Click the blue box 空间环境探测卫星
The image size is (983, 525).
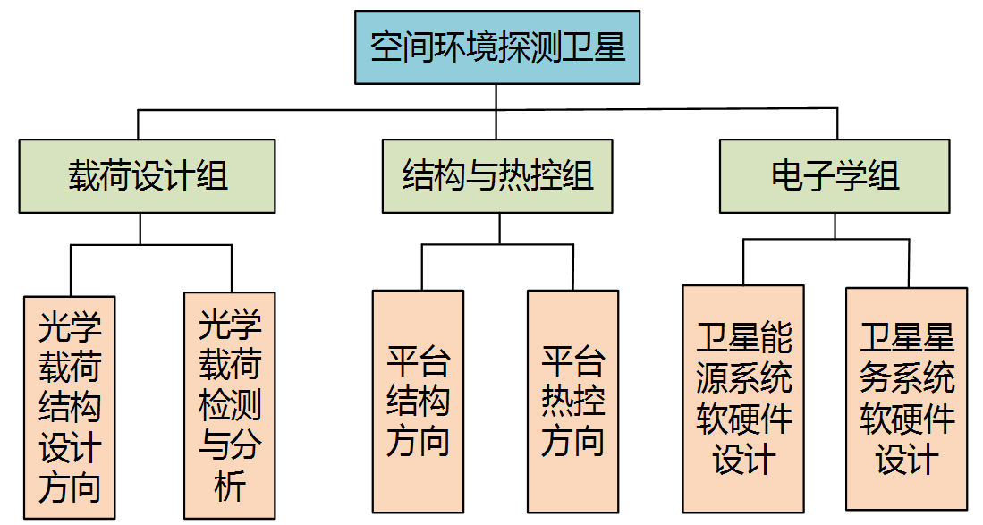click(497, 47)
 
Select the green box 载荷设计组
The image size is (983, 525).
click(148, 176)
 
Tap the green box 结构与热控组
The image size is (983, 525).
click(497, 176)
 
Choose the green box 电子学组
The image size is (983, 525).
click(835, 176)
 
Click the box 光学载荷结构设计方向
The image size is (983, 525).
click(70, 408)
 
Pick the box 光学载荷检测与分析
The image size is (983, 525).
click(230, 405)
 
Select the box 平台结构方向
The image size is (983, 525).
click(418, 402)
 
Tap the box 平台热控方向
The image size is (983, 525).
click(572, 402)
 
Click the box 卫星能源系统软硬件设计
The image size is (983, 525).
click(743, 398)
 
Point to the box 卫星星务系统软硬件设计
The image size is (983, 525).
click(906, 398)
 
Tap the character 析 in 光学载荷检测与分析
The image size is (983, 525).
click(230, 487)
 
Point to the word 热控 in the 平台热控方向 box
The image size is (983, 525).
click(572, 402)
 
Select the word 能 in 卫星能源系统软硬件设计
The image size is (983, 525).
click(775, 338)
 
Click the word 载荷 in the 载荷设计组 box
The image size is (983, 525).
click(99, 176)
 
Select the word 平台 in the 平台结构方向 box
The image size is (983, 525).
click(418, 361)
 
